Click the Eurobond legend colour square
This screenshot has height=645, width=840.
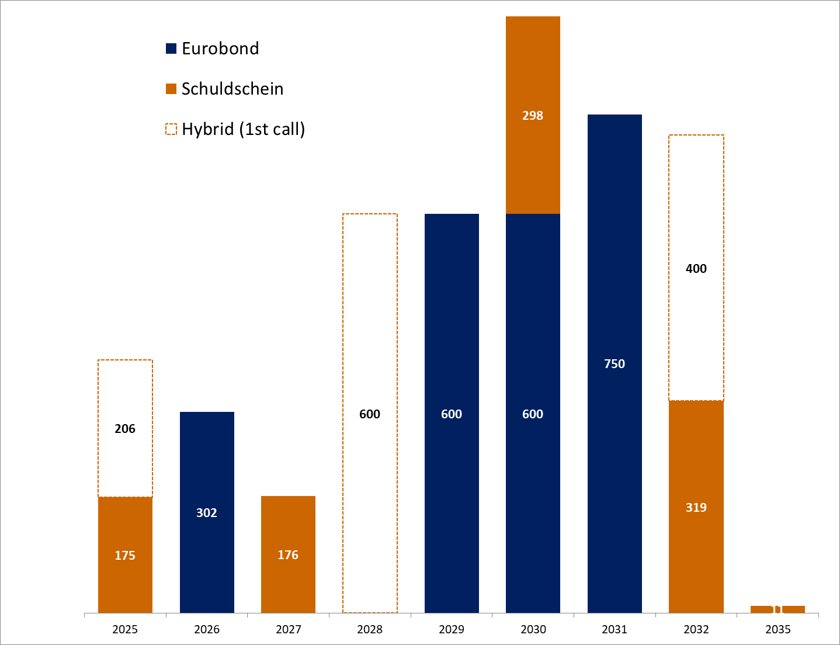tap(171, 48)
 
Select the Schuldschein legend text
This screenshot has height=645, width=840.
tap(232, 89)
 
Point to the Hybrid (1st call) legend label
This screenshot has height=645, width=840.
tap(243, 129)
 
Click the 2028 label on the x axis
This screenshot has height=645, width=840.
tap(370, 629)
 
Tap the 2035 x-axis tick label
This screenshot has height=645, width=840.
tap(777, 629)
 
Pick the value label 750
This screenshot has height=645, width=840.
tap(615, 364)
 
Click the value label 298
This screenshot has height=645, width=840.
tap(533, 116)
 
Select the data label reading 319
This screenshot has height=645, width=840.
tap(696, 508)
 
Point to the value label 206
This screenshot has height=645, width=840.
tap(125, 429)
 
